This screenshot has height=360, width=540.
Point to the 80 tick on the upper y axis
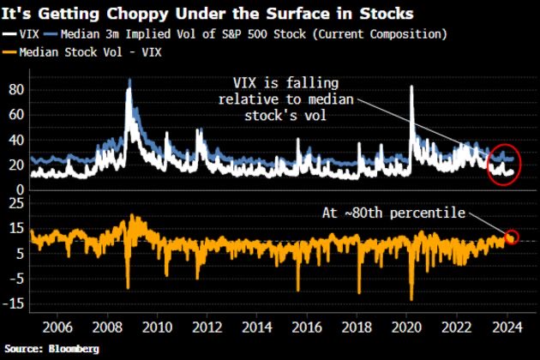[x=15, y=89]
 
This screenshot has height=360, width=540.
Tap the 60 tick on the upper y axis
[x=15, y=114]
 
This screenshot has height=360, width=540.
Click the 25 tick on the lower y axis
[x=15, y=201]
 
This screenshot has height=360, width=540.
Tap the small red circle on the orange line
[x=513, y=237]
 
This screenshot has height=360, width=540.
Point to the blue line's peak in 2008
[x=129, y=80]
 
